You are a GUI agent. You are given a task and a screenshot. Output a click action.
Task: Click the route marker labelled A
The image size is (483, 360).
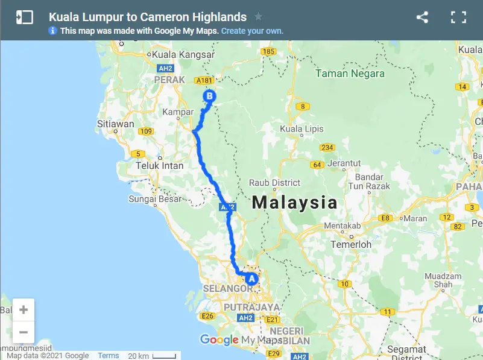(250, 279)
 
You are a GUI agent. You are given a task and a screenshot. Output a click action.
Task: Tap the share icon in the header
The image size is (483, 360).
(422, 17)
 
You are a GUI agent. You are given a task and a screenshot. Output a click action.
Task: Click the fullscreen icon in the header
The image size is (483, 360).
(459, 17)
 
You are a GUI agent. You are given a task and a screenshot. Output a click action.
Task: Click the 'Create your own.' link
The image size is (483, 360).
(252, 31)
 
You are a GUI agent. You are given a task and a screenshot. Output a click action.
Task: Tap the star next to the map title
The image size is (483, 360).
(258, 17)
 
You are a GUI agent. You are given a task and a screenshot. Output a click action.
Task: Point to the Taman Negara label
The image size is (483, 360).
(350, 74)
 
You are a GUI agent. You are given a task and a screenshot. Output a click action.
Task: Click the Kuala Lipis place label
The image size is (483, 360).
(301, 129)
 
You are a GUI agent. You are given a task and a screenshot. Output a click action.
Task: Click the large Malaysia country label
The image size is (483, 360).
(295, 202)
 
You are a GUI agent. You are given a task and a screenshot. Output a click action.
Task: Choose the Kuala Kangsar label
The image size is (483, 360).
(184, 54)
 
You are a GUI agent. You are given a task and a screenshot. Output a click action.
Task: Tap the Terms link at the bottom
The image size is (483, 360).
(109, 356)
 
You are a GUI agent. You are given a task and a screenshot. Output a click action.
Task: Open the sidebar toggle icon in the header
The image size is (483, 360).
(25, 17)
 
